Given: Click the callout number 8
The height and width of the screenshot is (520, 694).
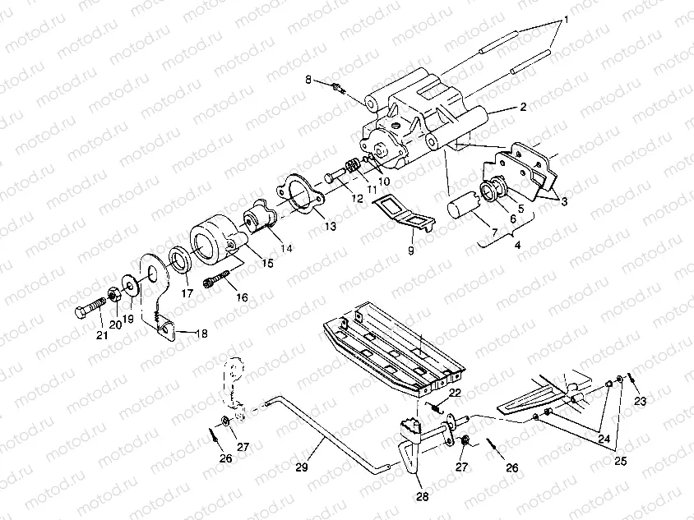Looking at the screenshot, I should [308, 80].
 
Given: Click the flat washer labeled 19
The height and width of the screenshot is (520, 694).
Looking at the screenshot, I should [129, 285].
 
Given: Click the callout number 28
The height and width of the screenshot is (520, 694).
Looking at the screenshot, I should [422, 496].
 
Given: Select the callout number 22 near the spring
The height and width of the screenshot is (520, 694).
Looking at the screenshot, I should [455, 392].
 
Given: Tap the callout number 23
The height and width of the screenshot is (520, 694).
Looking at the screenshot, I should [641, 402].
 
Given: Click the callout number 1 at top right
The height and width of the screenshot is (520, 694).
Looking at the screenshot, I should [565, 19].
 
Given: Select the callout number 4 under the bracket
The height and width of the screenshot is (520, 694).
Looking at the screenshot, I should [516, 245].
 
